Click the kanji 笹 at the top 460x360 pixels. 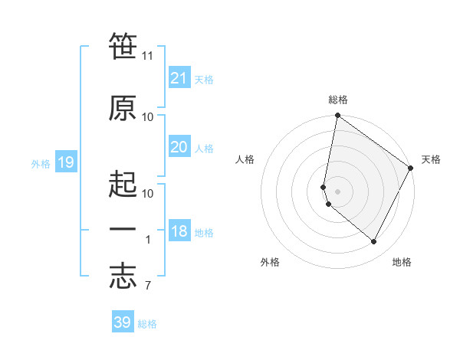pos(123,45)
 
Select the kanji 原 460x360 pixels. pos(123,108)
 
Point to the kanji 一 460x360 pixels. pos(123,229)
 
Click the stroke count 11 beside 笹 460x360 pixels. pos(148,56)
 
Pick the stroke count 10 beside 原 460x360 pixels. pos(148,117)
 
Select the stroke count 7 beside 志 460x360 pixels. pos(147,286)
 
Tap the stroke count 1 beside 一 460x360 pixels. pos(148,240)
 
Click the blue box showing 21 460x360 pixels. pos(179,78)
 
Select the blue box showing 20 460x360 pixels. pos(179,147)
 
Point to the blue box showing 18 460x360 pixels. pos(179,232)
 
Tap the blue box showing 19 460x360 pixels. pos(65,162)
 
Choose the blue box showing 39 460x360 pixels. pos(122,322)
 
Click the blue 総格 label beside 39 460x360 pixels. pos(147,324)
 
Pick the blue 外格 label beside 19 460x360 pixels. pos(41,163)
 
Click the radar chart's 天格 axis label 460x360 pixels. pos(431,159)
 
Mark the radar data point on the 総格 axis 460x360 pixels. pos(337,116)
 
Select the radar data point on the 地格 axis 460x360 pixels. pos(374,242)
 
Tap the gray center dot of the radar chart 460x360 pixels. pos(337,191)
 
